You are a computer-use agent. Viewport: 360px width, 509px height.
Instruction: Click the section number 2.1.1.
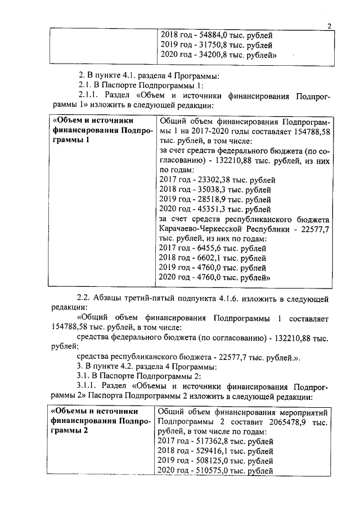pos(89,94)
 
